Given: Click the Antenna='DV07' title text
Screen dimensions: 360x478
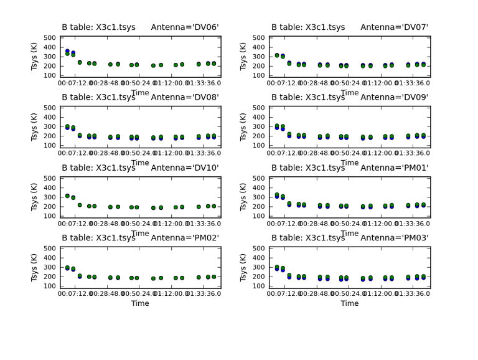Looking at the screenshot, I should (395, 27).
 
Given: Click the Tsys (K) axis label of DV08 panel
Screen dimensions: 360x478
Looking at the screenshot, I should (35, 126).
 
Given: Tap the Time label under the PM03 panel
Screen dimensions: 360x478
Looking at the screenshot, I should (350, 303).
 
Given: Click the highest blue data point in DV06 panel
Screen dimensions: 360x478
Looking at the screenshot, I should (67, 51).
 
